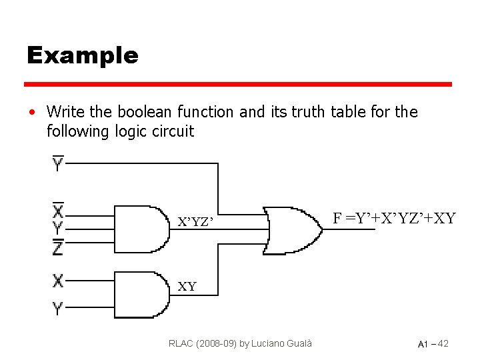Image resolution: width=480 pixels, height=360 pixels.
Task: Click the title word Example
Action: [x=82, y=55]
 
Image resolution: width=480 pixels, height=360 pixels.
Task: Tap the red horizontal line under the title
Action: [x=238, y=85]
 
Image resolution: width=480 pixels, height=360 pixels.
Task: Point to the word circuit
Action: [x=173, y=131]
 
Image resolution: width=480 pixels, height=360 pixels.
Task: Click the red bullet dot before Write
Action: [x=31, y=112]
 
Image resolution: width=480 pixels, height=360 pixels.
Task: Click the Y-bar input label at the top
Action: [x=59, y=163]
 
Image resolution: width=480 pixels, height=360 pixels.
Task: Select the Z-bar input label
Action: [x=59, y=247]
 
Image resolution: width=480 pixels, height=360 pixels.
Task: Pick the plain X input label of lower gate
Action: [x=59, y=281]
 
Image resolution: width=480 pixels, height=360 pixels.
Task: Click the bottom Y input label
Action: [x=59, y=308]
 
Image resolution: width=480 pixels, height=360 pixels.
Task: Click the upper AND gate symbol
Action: [x=142, y=228]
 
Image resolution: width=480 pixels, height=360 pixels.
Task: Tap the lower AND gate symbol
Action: [x=142, y=294]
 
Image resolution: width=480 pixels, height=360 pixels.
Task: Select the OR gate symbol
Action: [x=292, y=230]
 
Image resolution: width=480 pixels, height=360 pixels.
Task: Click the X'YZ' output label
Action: [x=196, y=222]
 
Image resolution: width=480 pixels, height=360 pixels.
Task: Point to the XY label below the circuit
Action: [x=187, y=287]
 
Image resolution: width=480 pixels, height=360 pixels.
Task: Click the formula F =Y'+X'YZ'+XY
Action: [x=394, y=218]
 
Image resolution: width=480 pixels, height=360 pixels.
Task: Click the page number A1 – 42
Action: [x=433, y=344]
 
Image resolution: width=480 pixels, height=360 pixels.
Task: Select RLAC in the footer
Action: [x=182, y=343]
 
